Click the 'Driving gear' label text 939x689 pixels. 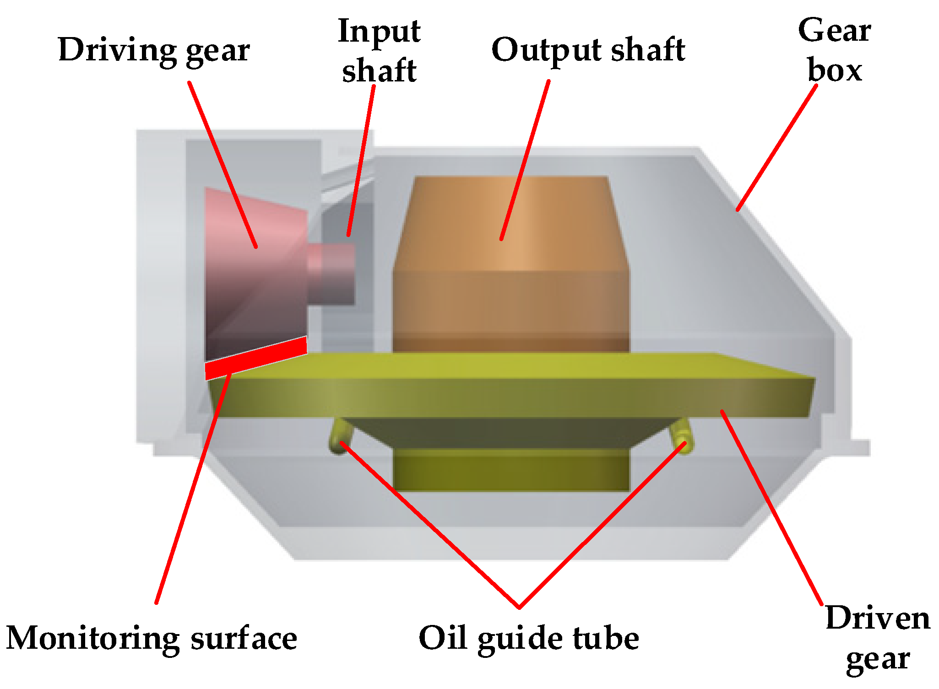click(154, 50)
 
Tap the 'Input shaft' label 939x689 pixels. click(379, 51)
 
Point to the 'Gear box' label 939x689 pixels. click(834, 50)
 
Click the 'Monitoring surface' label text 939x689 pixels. click(152, 639)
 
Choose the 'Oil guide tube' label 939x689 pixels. click(529, 639)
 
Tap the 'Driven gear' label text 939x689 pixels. click(878, 639)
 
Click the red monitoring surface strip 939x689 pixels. click(255, 359)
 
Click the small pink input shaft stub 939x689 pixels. click(332, 274)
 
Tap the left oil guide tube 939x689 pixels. click(340, 437)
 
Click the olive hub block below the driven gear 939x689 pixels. click(511, 469)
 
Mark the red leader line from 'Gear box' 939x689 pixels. click(776, 147)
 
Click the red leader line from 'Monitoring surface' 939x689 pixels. click(192, 490)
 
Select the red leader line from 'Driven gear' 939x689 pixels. click(772, 508)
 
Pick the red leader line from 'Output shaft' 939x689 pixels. click(525, 160)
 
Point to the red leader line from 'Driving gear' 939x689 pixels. click(223, 165)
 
